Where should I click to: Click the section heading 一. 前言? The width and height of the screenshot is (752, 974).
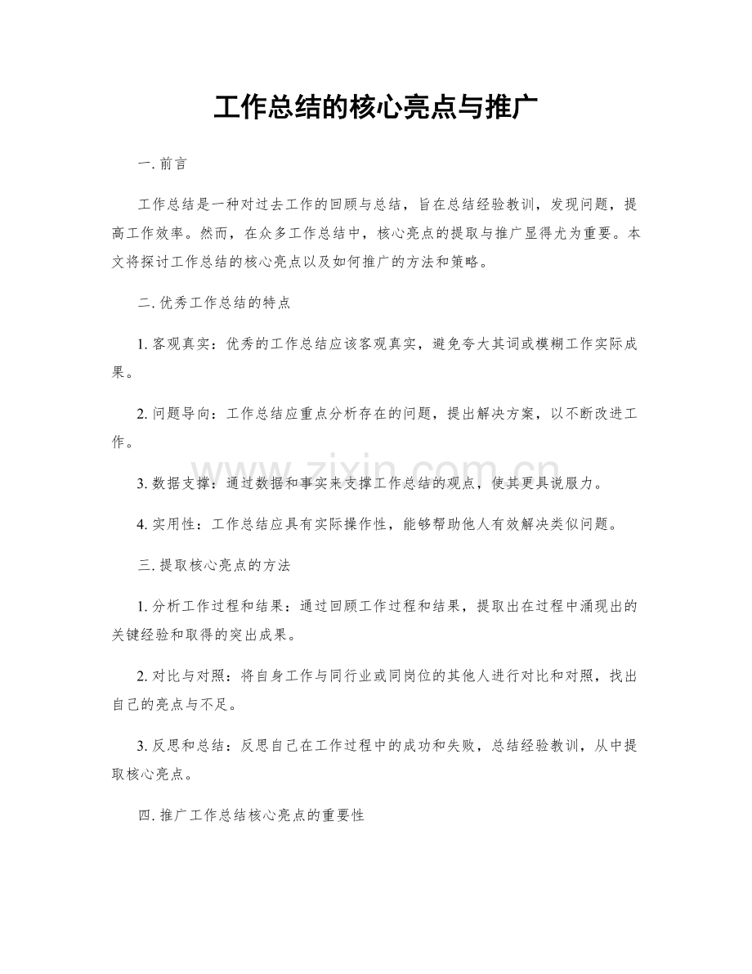(164, 164)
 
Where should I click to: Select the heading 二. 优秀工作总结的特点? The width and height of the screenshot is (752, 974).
(215, 303)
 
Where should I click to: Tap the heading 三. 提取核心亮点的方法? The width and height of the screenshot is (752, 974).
(215, 565)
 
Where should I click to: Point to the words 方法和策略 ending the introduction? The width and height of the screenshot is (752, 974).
(438, 263)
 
